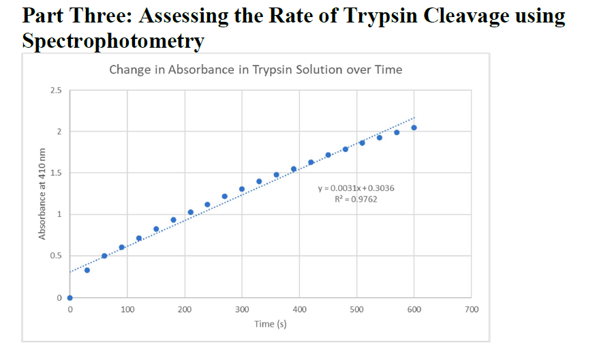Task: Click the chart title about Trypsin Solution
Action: click(256, 70)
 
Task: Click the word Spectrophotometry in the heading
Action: click(113, 40)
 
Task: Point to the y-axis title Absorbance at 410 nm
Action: click(42, 194)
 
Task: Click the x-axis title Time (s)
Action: click(270, 324)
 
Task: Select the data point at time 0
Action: click(70, 297)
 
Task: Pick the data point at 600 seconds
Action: click(414, 127)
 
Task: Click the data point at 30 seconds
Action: click(87, 270)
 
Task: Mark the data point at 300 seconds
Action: click(242, 189)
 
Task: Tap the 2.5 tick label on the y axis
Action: click(56, 90)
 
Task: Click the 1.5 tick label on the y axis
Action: click(56, 173)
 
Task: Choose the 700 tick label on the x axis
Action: click(471, 310)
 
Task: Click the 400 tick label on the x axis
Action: click(299, 310)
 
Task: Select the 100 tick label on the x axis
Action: click(127, 310)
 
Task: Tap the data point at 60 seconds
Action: click(104, 256)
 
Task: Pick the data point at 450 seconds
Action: click(328, 155)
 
